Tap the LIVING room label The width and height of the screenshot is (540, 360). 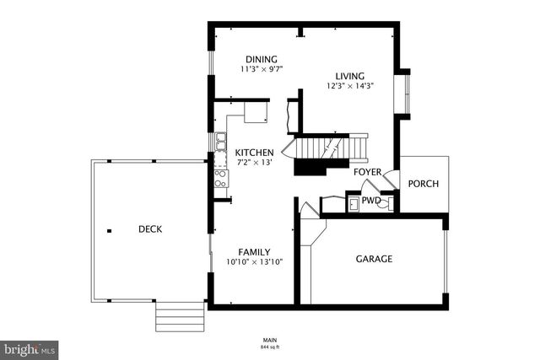click(x=349, y=75)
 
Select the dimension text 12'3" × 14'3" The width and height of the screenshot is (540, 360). click(x=349, y=86)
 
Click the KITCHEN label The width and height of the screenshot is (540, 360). click(x=254, y=152)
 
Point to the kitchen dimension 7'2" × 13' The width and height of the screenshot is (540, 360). click(x=254, y=162)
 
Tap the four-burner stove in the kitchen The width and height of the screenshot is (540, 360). click(x=220, y=178)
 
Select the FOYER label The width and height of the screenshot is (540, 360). click(x=367, y=173)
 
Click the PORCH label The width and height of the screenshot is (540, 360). click(x=423, y=184)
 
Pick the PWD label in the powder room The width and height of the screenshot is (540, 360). click(x=370, y=201)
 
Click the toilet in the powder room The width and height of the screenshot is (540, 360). click(x=385, y=202)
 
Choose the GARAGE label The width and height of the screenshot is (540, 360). click(x=373, y=259)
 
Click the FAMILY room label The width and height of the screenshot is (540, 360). click(x=254, y=252)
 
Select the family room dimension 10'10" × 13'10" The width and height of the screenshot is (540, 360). click(x=254, y=262)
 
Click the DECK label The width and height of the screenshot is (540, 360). click(x=150, y=229)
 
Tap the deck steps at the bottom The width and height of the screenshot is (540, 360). click(x=180, y=318)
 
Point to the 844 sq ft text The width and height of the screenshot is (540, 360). click(x=270, y=347)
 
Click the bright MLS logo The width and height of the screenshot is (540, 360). click(x=30, y=347)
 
